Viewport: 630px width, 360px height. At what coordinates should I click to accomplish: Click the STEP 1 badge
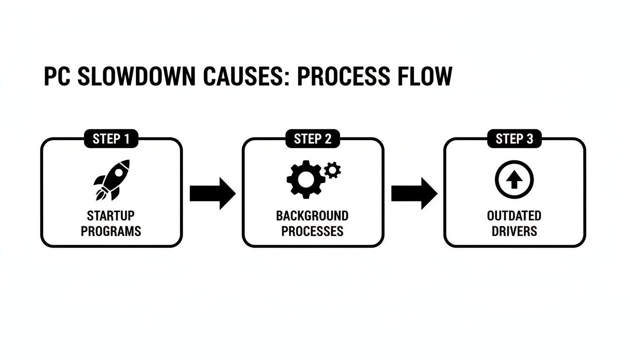point(111,139)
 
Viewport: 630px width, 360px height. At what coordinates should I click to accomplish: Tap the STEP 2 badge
point(313,139)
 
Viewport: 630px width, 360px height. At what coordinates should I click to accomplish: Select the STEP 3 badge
point(514,139)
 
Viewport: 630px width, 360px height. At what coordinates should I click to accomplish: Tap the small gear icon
point(332,169)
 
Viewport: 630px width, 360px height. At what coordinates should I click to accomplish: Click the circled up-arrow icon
point(514,179)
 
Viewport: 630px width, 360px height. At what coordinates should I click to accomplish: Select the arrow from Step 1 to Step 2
point(212,193)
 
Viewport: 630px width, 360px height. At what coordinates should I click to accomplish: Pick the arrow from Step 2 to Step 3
point(413,193)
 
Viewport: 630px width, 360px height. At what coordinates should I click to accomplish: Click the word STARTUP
point(111,216)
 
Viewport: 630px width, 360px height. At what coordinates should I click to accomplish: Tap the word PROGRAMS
point(111,231)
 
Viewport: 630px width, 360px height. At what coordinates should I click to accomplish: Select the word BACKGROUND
point(312,216)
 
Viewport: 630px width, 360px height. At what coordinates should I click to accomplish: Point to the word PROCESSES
point(312,231)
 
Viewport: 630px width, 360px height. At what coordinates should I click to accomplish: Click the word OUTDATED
point(514,216)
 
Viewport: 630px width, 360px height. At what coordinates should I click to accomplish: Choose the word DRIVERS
point(514,231)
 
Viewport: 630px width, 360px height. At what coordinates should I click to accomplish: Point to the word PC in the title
point(56,76)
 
